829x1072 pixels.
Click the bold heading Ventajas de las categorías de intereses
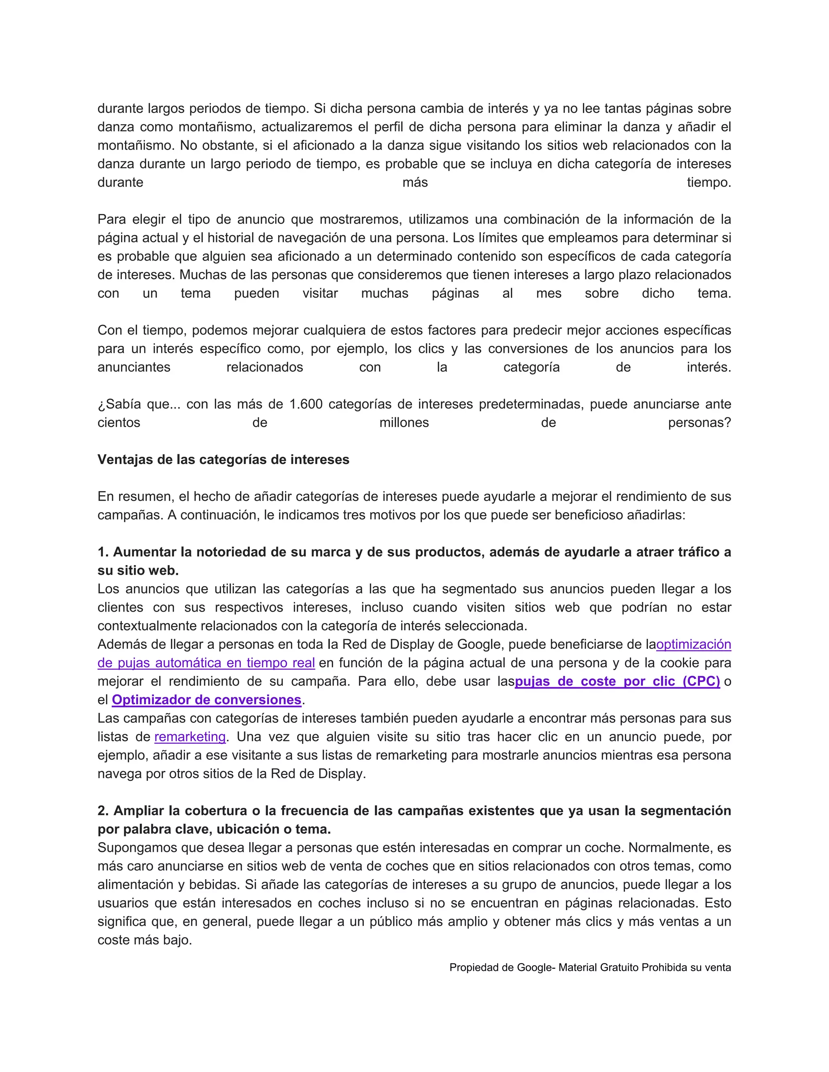point(223,460)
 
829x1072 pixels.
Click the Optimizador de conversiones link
point(206,700)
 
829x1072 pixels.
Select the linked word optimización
point(693,644)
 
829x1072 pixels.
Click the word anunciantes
point(134,368)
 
